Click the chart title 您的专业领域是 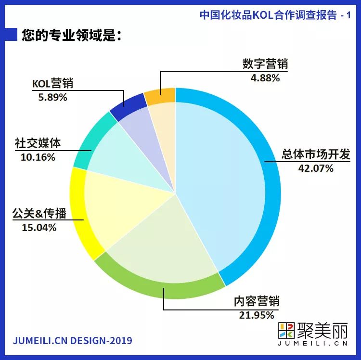click(x=70, y=36)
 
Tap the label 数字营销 click(x=261, y=64)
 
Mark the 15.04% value click(x=39, y=227)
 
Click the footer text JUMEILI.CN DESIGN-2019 click(x=72, y=341)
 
